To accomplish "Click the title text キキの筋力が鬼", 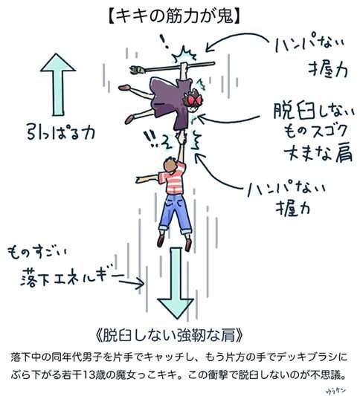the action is tap(174, 16).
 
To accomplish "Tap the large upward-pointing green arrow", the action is tap(58, 85).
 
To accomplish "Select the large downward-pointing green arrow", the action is tap(176, 283).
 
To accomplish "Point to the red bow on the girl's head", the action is tap(193, 98).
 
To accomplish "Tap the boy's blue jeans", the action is tap(175, 214).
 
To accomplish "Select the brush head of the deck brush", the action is tap(138, 69).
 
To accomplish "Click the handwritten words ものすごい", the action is tap(36, 253).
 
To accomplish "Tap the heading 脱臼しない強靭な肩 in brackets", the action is tap(170, 335).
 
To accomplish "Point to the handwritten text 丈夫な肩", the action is tap(318, 152).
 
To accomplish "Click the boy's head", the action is tap(170, 165).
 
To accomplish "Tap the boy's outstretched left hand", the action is tap(140, 179).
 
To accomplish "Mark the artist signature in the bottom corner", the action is tap(335, 391).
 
